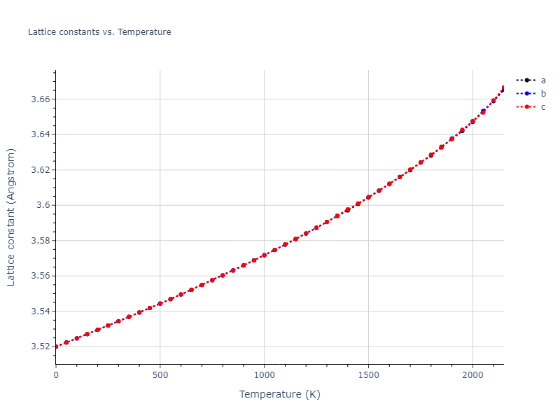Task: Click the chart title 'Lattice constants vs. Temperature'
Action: click(x=99, y=32)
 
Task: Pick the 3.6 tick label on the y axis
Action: click(x=43, y=205)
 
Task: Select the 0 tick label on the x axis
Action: click(x=56, y=376)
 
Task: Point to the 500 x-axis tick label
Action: click(x=160, y=376)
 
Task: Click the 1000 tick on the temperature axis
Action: click(x=264, y=376)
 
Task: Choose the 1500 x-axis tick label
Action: click(x=368, y=376)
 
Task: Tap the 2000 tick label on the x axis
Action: click(x=472, y=376)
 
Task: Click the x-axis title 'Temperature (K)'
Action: click(x=279, y=395)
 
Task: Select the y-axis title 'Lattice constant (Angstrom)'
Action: click(x=11, y=217)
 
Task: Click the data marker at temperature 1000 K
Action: click(x=264, y=255)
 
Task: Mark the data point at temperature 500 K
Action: click(x=160, y=303)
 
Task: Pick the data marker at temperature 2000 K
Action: click(x=472, y=121)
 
